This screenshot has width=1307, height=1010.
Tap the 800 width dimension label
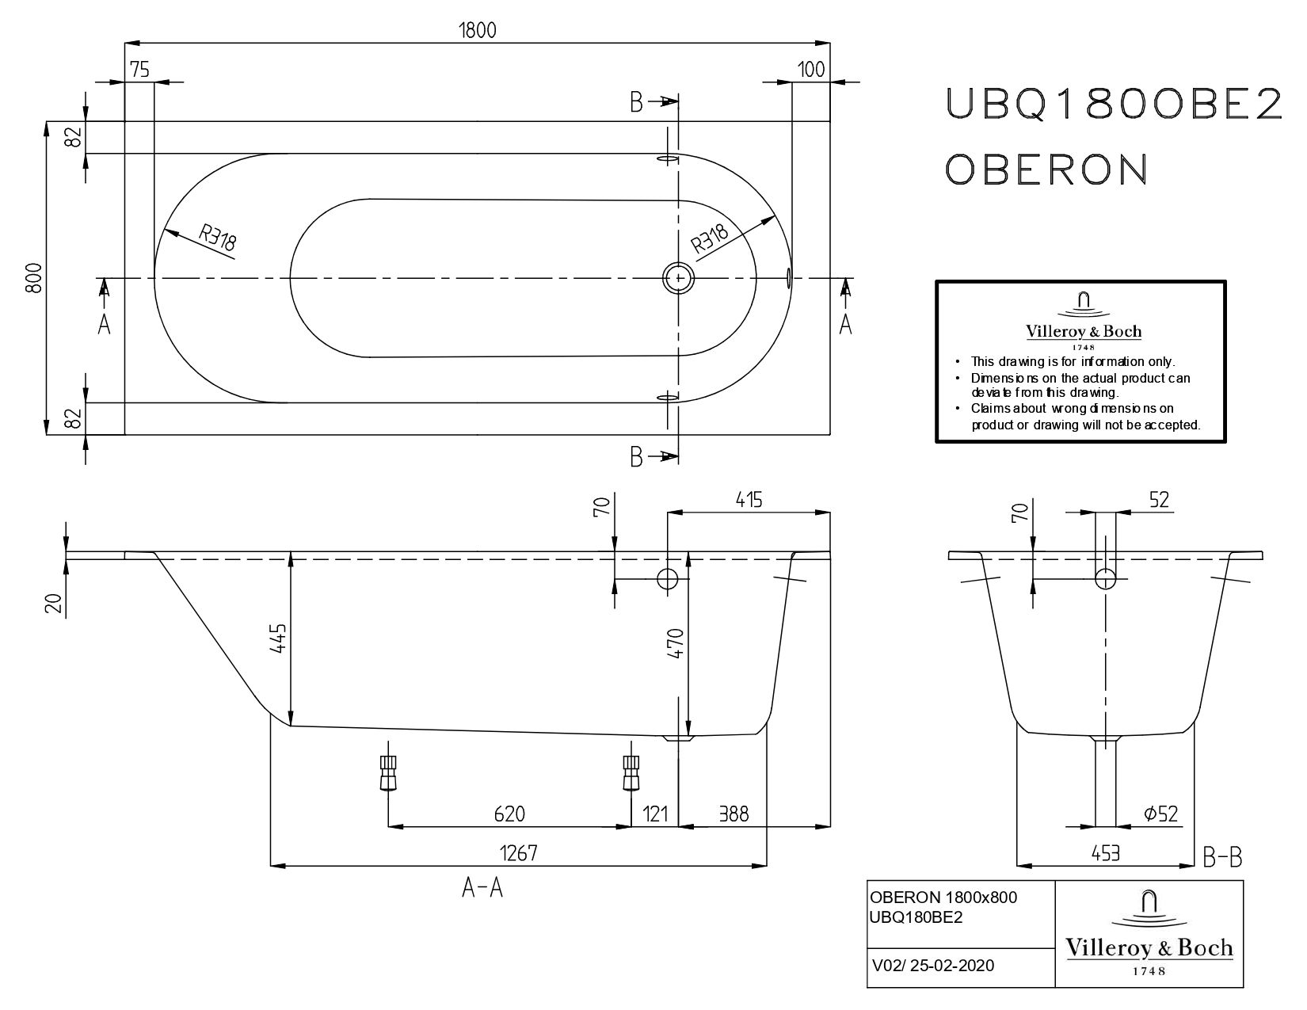click(33, 278)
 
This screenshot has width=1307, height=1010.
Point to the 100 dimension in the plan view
click(811, 70)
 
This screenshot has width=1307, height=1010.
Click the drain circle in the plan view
click(678, 278)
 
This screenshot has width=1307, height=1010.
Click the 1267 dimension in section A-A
click(519, 853)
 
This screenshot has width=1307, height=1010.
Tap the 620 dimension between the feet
click(509, 814)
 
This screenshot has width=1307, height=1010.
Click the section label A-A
click(482, 890)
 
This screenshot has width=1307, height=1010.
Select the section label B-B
click(1221, 857)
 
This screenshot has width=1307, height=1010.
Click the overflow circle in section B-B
click(1105, 579)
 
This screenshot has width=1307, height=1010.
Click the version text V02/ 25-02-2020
click(932, 966)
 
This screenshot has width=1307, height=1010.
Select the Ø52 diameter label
click(1160, 814)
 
